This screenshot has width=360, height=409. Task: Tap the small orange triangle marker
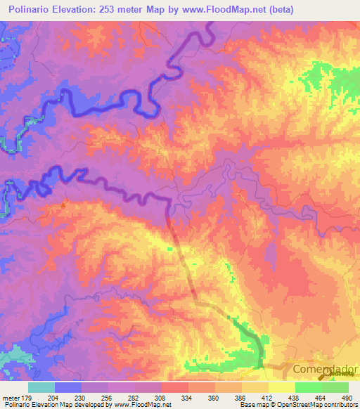pyautogui.click(x=63, y=206)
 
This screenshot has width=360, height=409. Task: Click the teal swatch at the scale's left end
pyautogui.click(x=41, y=387)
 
